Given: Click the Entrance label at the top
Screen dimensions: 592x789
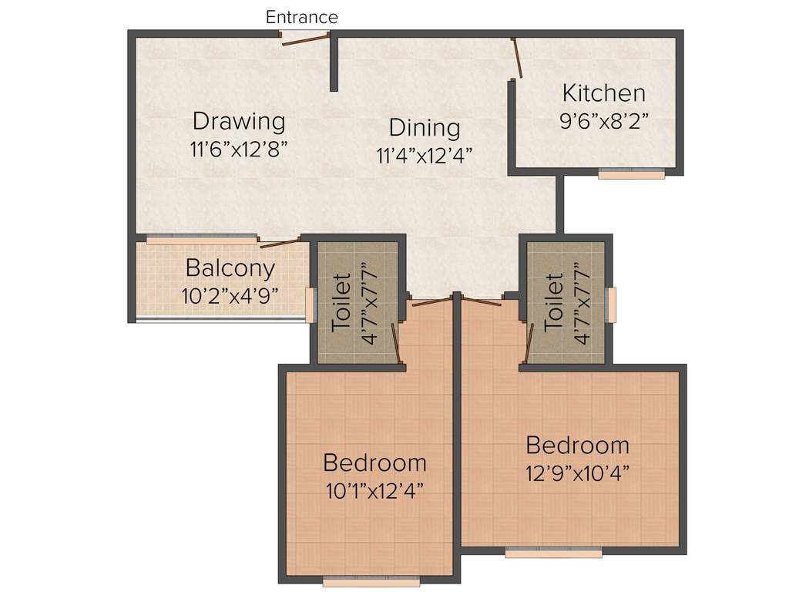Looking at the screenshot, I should pos(301,17).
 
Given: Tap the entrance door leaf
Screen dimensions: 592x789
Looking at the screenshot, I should pos(306,39).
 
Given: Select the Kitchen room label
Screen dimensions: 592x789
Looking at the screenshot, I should pos(603,93).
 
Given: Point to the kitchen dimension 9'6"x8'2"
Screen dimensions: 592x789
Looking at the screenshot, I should pos(603,120).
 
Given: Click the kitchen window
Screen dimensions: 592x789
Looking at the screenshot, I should pos(631,174).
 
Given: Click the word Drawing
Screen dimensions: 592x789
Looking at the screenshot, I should pos(239,121).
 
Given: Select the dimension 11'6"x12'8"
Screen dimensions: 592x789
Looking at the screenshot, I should pos(239,149).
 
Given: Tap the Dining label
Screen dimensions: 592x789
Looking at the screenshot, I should pos(424,127).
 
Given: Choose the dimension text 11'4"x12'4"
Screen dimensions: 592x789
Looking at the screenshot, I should pos(424,155).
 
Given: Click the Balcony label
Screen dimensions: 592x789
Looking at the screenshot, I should pos(230,268).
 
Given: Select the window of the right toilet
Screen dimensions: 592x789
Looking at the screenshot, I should pos(612,304).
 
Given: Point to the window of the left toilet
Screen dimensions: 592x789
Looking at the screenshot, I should pos(310,305).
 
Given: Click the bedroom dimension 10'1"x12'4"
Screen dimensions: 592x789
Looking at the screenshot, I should pos(374,489).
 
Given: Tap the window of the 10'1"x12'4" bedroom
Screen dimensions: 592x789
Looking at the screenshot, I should pos(371,582).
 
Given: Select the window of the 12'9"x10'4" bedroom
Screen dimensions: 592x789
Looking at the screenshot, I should pos(553,552).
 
